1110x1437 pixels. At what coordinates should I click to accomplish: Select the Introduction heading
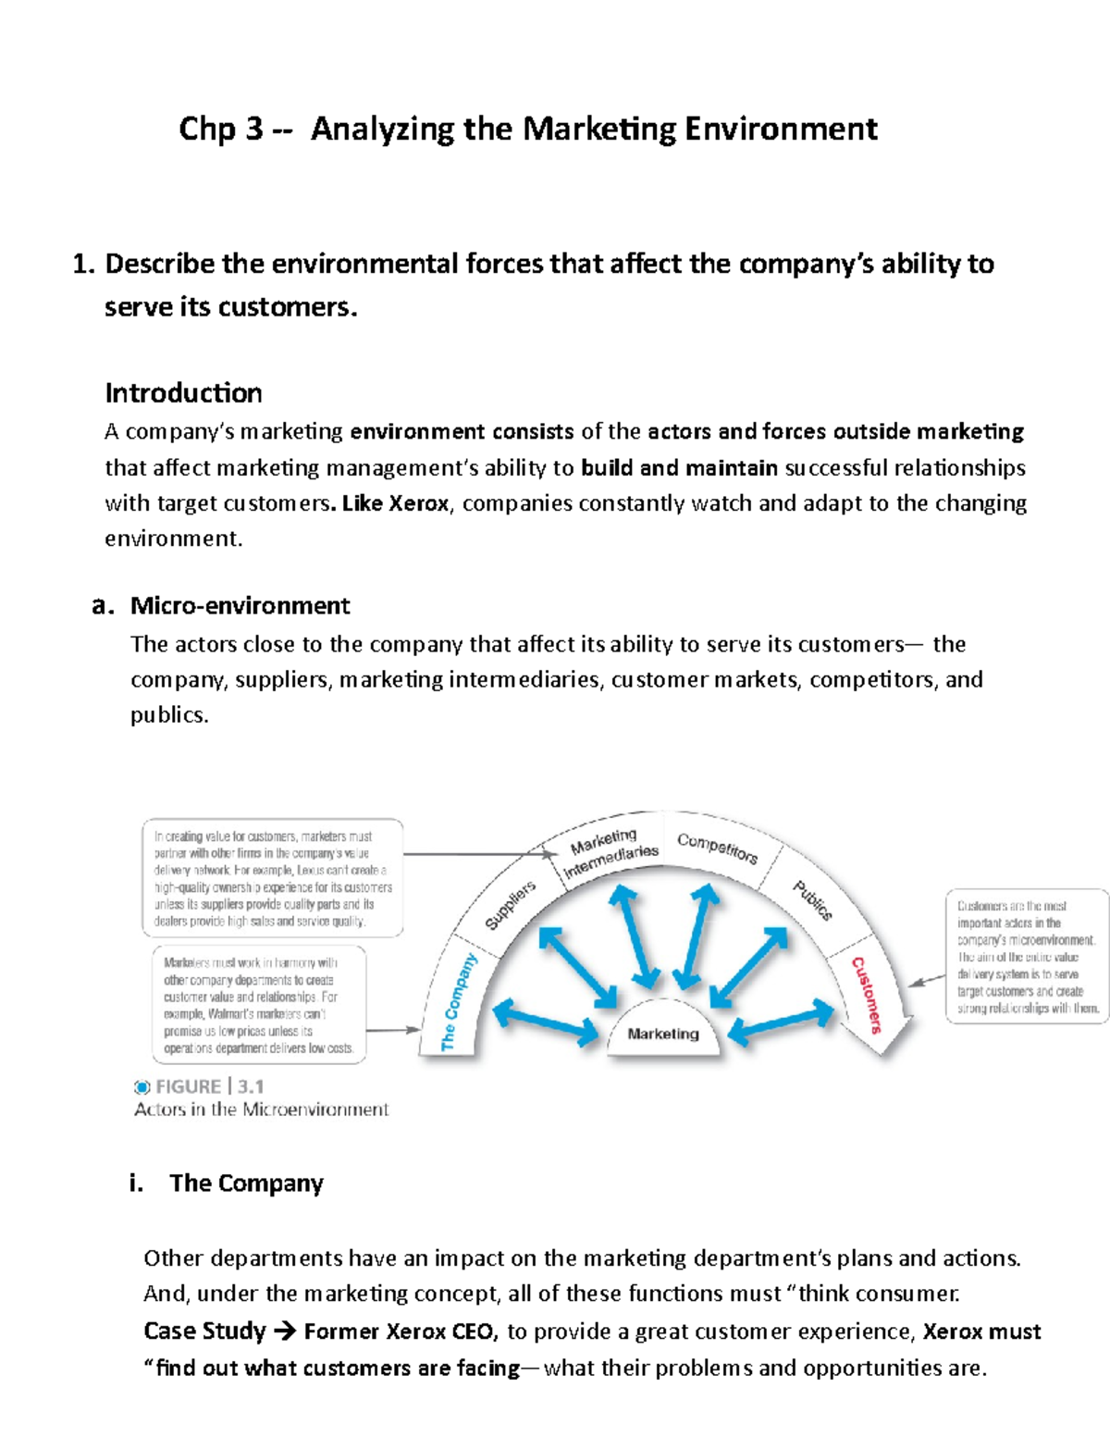[x=183, y=393]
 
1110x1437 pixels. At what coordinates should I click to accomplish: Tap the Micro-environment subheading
[x=240, y=606]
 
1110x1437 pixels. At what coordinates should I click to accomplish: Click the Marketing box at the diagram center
[x=663, y=1034]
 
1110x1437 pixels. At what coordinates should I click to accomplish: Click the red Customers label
[x=867, y=995]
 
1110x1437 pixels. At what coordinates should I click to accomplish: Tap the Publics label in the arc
[x=812, y=900]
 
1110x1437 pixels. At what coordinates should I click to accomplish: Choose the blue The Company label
[x=459, y=1002]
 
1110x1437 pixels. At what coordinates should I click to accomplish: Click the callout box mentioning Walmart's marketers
[x=259, y=1005]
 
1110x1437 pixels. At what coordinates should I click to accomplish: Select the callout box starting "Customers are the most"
[x=1027, y=957]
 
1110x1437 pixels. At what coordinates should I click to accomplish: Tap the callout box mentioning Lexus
[x=272, y=878]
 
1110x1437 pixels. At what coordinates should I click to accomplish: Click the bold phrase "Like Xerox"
[x=395, y=504]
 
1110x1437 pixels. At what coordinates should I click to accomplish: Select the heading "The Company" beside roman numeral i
[x=246, y=1183]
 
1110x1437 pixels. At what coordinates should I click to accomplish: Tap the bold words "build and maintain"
[x=679, y=468]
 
